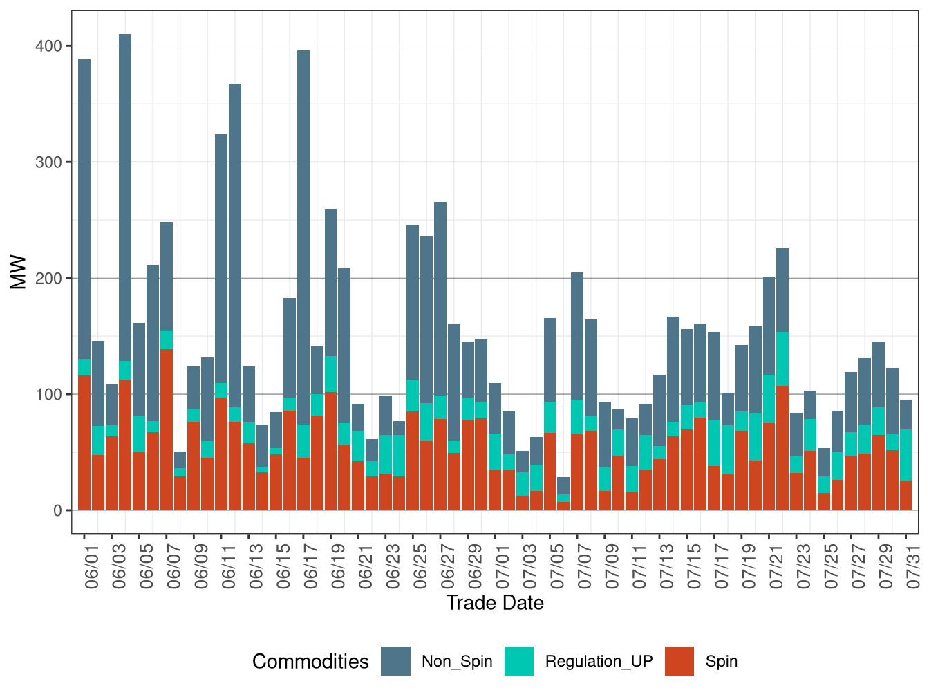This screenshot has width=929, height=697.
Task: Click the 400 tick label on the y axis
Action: point(48,46)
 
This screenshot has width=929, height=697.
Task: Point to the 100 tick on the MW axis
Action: point(48,395)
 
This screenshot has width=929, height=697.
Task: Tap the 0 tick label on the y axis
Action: point(57,511)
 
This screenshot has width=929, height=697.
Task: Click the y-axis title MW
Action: point(19,272)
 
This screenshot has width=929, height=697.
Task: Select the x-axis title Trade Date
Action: point(495,603)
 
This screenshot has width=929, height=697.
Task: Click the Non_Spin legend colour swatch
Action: point(395,661)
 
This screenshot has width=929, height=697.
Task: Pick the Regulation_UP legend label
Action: point(599,661)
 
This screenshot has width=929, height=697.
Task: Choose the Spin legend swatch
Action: point(679,661)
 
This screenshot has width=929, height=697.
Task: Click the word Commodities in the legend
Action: point(310,662)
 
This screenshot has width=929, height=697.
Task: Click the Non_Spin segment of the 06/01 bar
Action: point(84,207)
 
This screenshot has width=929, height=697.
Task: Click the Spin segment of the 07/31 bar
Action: point(905,495)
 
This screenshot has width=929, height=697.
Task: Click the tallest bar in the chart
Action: point(125,207)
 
